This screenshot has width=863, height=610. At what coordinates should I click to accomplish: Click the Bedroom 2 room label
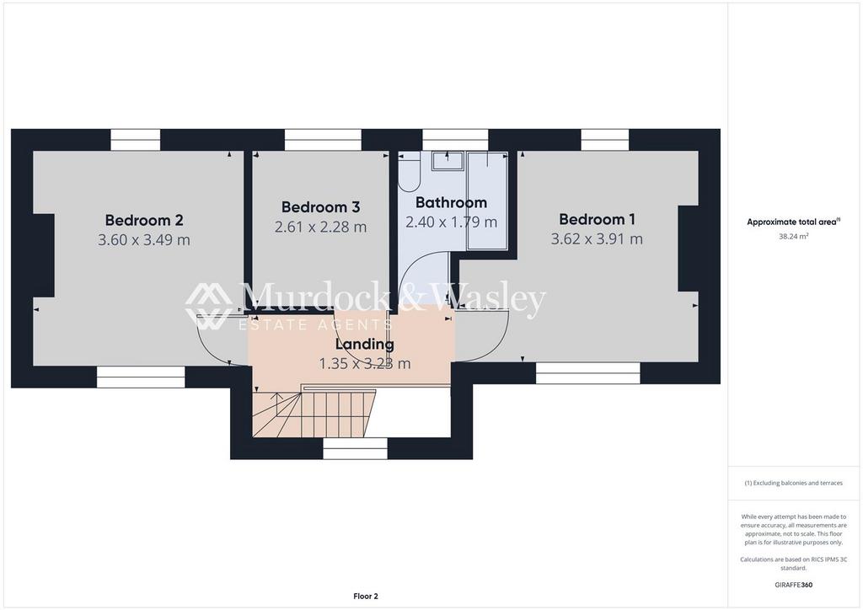(x=144, y=220)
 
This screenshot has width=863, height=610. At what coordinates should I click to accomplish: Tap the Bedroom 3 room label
(x=320, y=206)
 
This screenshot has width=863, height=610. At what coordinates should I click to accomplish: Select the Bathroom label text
(x=452, y=202)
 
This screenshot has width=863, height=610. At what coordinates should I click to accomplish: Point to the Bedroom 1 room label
(x=598, y=219)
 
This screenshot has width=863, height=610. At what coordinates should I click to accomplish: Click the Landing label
(x=365, y=345)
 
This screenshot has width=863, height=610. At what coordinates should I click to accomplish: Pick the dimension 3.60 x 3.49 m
(x=144, y=240)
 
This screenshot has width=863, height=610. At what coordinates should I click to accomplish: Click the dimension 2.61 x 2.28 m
(x=320, y=227)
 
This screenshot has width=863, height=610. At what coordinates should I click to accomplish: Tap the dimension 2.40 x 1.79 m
(x=452, y=222)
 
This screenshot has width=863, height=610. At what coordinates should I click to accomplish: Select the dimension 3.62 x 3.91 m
(x=598, y=238)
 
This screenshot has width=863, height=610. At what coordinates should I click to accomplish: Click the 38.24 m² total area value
(x=793, y=236)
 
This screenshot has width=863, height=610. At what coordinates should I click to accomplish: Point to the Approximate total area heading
(x=793, y=222)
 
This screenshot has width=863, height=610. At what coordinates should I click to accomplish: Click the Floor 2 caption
(x=366, y=597)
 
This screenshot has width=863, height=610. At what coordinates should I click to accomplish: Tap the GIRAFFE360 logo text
(x=793, y=585)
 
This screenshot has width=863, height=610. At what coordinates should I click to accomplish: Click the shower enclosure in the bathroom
(x=487, y=201)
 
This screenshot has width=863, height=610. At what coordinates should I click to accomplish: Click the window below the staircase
(x=355, y=452)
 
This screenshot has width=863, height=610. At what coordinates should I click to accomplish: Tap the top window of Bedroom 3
(x=323, y=140)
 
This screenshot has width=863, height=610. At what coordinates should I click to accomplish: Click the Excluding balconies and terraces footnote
(x=793, y=483)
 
